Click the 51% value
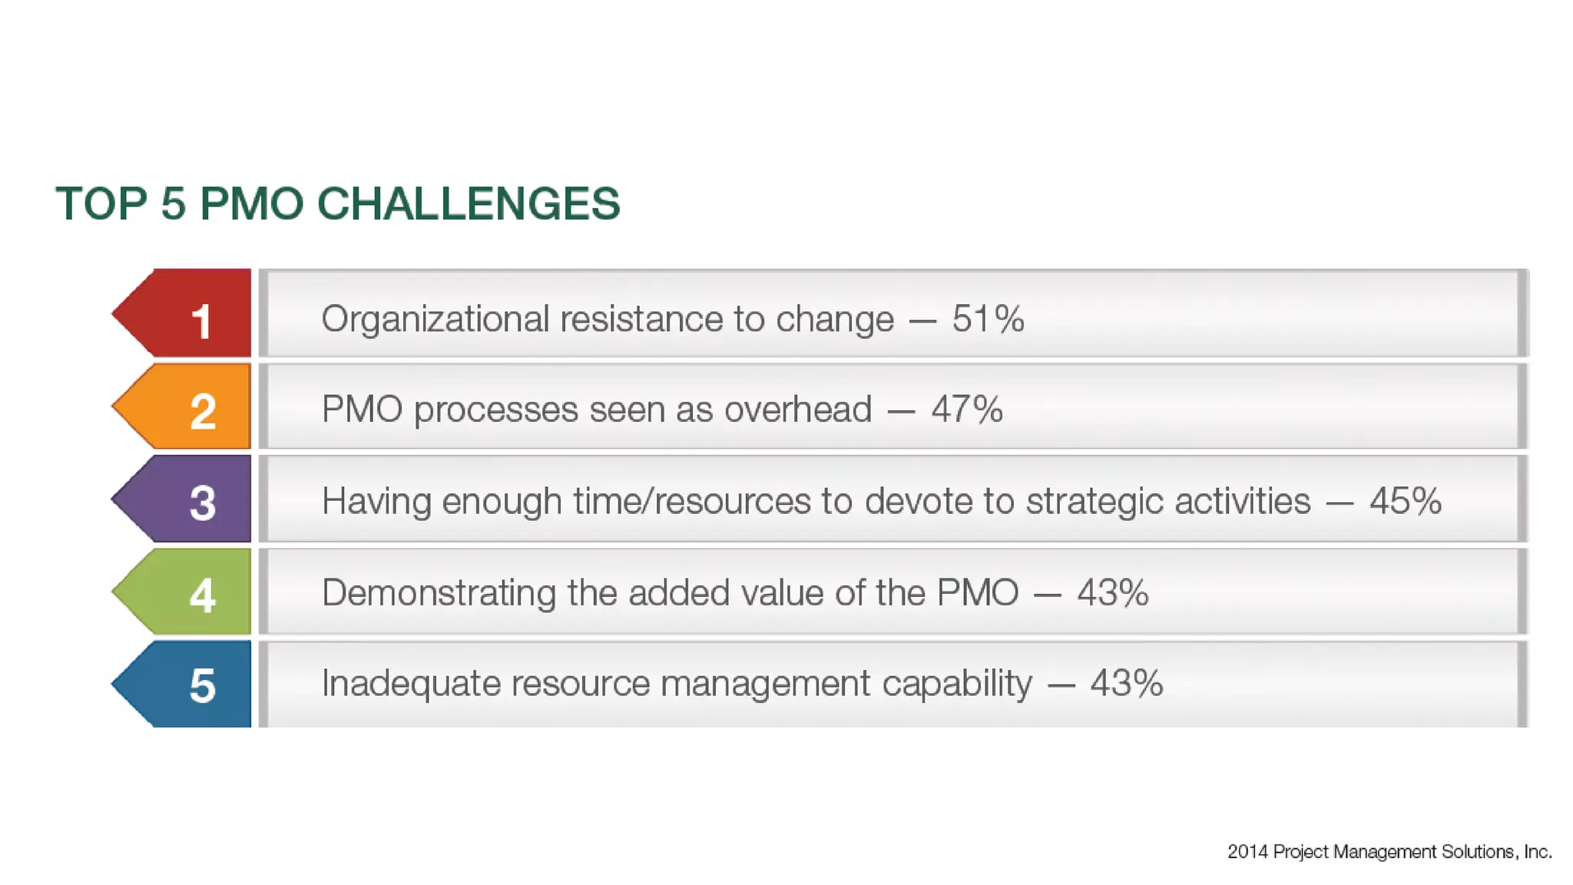pos(988,318)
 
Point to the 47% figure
pos(967,409)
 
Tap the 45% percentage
pos(1405,501)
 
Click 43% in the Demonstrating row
pos(1112,592)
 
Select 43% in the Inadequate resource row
pos(1126,683)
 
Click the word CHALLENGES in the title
pos(468,204)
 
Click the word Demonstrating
pos(439,593)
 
